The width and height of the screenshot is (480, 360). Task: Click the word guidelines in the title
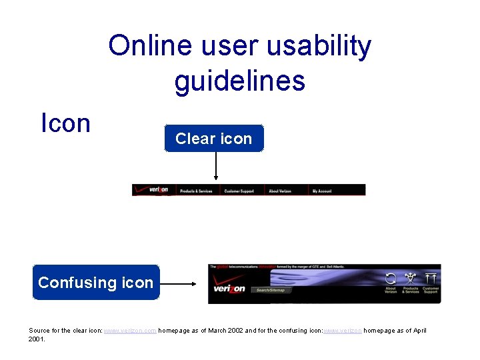[x=239, y=81]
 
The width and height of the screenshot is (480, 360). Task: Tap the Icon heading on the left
[x=65, y=123]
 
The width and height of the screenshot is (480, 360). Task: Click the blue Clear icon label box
[x=214, y=139]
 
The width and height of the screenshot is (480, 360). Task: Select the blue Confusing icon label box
[x=96, y=283]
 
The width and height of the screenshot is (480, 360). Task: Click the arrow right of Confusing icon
[x=179, y=283]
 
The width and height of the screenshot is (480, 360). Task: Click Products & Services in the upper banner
[x=196, y=191]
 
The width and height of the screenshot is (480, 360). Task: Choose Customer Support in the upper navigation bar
[x=239, y=191]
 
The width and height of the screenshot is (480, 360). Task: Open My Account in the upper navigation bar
[x=322, y=191]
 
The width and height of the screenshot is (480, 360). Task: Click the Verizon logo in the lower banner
[x=229, y=289]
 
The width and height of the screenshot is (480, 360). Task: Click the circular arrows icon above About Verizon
[x=391, y=279]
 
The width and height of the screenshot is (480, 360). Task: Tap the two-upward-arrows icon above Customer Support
[x=431, y=278]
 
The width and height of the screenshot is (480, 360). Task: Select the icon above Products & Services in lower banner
[x=411, y=279]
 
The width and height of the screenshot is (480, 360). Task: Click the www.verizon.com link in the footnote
[x=130, y=331]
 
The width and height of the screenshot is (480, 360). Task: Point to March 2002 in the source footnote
[x=216, y=331]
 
